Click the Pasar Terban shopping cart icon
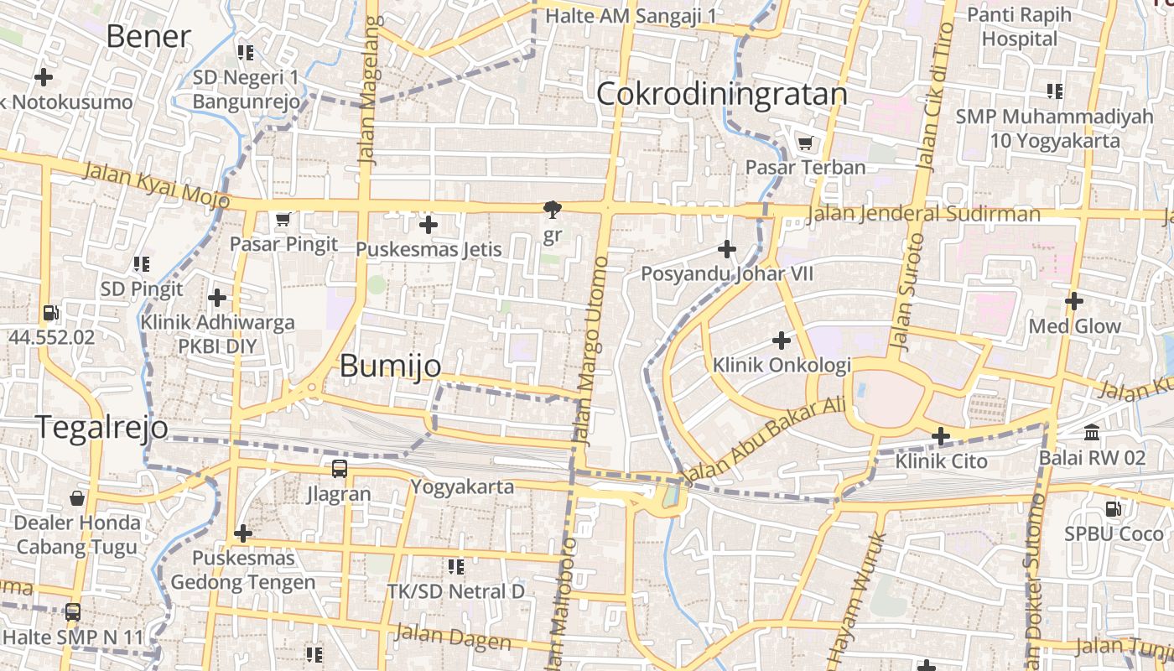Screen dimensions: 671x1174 click(x=805, y=143)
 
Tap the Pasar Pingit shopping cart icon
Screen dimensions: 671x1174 click(x=283, y=219)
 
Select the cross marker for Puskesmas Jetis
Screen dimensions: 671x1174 click(x=429, y=224)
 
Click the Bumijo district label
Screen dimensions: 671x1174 click(x=390, y=367)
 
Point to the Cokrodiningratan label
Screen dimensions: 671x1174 click(x=721, y=94)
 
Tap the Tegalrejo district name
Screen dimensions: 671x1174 click(x=101, y=427)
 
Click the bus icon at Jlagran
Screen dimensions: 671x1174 click(x=339, y=469)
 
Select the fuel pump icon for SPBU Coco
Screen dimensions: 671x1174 click(x=1113, y=508)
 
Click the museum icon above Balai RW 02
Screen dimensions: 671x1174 click(x=1092, y=433)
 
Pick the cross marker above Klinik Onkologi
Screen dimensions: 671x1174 click(x=782, y=341)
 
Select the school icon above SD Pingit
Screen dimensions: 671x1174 click(x=141, y=264)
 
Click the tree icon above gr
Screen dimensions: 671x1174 click(x=552, y=209)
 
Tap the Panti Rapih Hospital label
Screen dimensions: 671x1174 click(x=1020, y=27)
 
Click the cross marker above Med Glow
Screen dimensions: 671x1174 click(x=1074, y=300)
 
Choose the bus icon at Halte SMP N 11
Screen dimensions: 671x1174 click(x=73, y=612)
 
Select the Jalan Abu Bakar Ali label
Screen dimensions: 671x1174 click(x=765, y=441)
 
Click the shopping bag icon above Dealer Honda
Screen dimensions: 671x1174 click(x=77, y=498)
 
